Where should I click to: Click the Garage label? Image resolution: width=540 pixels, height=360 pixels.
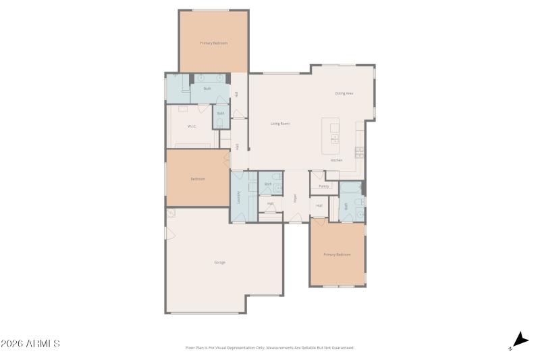(x=219, y=262)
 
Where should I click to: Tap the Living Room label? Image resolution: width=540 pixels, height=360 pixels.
(x=280, y=124)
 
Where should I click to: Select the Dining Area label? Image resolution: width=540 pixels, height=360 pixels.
(x=344, y=93)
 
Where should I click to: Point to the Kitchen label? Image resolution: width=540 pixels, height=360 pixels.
(x=336, y=160)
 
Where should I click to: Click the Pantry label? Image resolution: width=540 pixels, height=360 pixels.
(x=324, y=186)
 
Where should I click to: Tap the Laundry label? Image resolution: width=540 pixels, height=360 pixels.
(x=239, y=197)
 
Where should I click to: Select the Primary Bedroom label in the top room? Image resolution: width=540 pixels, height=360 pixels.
(x=213, y=43)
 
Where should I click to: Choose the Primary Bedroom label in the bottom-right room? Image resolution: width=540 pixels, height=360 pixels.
(x=337, y=255)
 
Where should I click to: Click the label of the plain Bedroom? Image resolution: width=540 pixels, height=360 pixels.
(x=197, y=179)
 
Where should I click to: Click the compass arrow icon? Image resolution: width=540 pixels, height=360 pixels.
(x=519, y=340)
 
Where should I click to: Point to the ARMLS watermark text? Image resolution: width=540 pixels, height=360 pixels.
(x=30, y=344)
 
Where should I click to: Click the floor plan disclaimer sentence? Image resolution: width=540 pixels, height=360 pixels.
(x=269, y=348)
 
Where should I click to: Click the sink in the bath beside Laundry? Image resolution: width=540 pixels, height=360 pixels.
(x=275, y=188)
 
